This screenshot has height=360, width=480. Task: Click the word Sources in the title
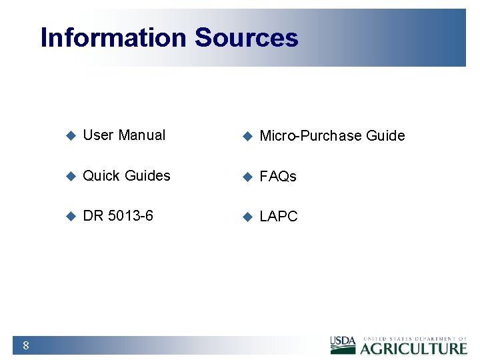pos(246,37)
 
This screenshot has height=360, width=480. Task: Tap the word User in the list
pos(98,135)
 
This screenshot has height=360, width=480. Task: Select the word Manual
pos(141,135)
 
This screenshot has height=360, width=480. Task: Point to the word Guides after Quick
pos(147,176)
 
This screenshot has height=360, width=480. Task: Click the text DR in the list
pos(93,216)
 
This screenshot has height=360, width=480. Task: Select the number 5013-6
pos(129,216)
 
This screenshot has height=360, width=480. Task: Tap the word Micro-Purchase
pos(311,136)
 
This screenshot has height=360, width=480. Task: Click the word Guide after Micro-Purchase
pos(385,136)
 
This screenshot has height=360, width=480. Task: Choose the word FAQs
pos(277,177)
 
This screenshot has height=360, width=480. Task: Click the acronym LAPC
pos(278,217)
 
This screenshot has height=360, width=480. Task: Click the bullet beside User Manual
pos(71,136)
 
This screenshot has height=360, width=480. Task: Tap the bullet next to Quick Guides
pos(71,177)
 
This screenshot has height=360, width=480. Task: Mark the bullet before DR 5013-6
pos(71,217)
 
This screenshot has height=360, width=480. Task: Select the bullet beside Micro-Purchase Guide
pos(247,137)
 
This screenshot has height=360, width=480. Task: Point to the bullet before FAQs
pos(247,177)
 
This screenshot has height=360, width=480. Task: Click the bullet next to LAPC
pos(247,217)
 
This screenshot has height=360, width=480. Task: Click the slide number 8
pos(25,345)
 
